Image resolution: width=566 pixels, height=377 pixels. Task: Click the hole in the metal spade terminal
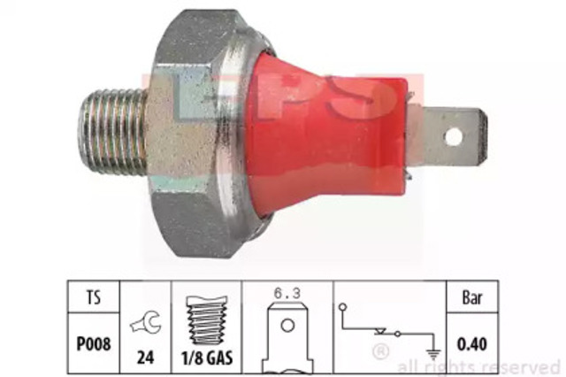click(x=454, y=137)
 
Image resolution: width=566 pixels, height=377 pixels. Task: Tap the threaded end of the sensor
click(x=112, y=132)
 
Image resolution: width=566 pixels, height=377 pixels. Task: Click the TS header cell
click(x=94, y=297)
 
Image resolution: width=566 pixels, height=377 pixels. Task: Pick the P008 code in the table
click(x=94, y=343)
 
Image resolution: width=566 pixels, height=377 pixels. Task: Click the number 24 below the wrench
click(x=145, y=358)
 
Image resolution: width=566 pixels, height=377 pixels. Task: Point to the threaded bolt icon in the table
click(x=206, y=319)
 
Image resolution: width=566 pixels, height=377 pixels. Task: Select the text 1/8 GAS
click(x=207, y=358)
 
